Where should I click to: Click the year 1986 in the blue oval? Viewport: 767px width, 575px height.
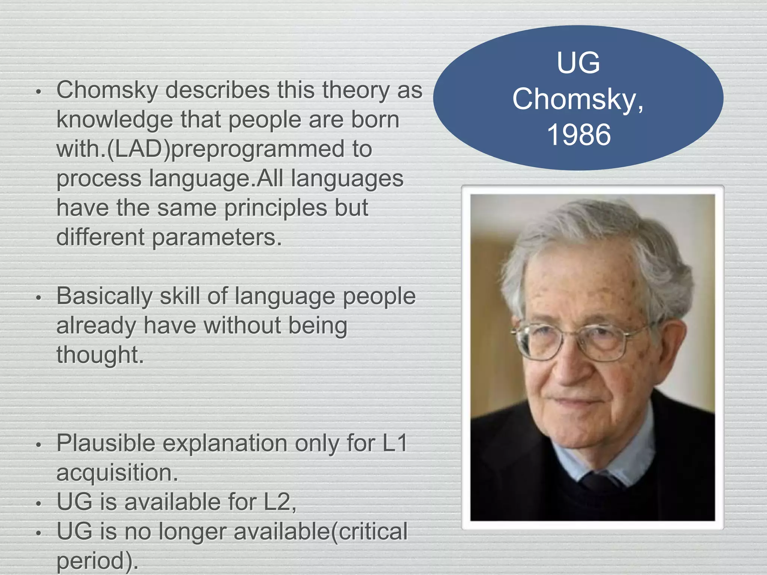pos(579,135)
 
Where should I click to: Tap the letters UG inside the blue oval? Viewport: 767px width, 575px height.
pos(578,63)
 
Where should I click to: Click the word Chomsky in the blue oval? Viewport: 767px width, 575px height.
pos(575,99)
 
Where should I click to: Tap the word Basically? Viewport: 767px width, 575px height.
pos(104,296)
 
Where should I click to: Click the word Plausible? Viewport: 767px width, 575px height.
pos(106,443)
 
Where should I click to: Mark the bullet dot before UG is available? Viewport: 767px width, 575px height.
pos(38,504)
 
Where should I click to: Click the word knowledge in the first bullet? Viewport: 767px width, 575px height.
pos(115,120)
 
